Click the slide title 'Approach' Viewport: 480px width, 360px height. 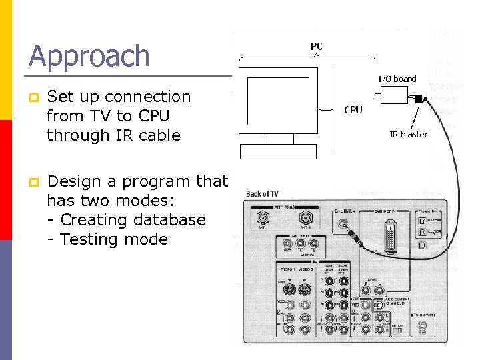89,56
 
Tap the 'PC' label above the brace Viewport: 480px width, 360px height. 317,46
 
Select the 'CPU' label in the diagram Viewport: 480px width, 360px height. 353,109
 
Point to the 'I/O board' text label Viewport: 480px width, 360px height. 397,79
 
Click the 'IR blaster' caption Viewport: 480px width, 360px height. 409,134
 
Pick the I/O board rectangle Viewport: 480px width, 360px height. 394,97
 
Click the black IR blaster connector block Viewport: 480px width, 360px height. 418,99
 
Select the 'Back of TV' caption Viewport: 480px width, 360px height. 262,194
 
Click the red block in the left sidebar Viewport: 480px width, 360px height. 6,180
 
